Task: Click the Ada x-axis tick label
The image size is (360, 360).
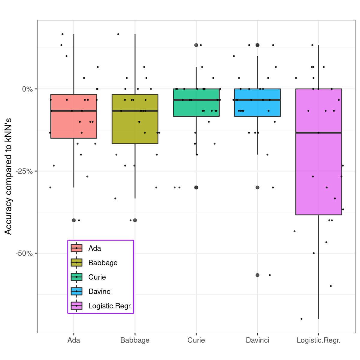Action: (x=74, y=340)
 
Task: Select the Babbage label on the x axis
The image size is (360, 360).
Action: (x=135, y=340)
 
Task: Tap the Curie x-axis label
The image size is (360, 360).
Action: (x=196, y=340)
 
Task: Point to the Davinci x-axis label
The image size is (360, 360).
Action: (x=257, y=340)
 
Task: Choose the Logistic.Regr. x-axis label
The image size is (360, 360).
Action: (x=318, y=340)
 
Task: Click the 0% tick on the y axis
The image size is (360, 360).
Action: (x=27, y=89)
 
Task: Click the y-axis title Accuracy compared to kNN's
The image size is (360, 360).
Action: (x=8, y=176)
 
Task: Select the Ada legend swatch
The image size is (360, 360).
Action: (x=76, y=248)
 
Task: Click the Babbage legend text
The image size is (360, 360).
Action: (x=103, y=263)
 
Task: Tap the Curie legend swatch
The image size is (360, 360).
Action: (x=76, y=277)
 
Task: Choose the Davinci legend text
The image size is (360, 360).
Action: (x=100, y=292)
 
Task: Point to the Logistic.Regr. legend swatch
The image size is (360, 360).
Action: (x=76, y=306)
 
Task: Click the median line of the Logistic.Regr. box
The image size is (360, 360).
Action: (x=319, y=133)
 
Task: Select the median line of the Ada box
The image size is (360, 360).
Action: (x=74, y=111)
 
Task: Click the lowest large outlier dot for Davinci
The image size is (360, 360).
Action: (x=257, y=275)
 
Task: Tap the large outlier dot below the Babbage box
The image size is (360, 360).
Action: (x=135, y=220)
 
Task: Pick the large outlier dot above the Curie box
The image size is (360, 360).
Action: (x=196, y=45)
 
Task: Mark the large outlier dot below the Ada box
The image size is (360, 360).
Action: (x=74, y=220)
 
